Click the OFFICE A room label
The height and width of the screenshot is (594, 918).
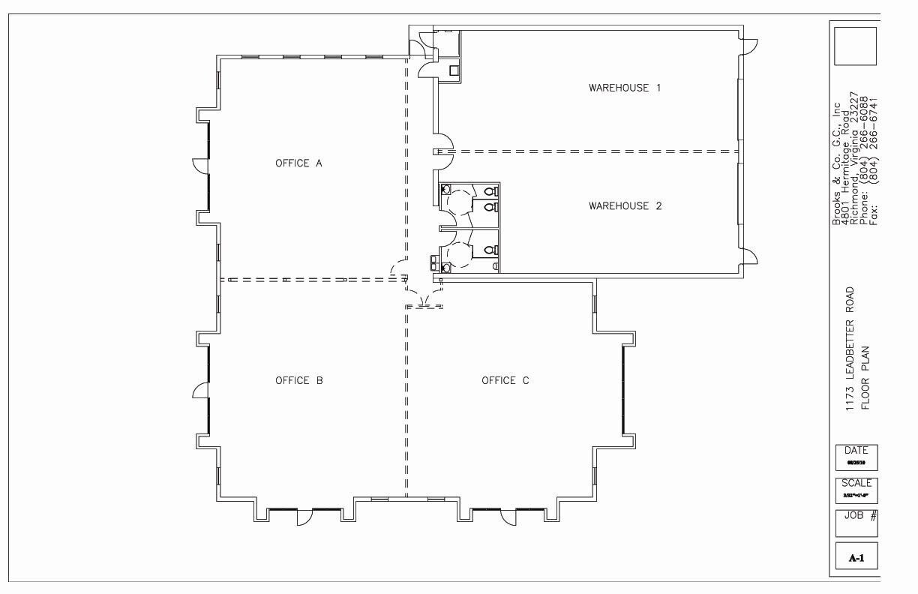pos(298,163)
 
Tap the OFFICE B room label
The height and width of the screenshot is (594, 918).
pos(298,381)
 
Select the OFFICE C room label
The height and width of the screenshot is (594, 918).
pos(505,381)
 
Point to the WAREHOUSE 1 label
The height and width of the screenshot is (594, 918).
pos(625,88)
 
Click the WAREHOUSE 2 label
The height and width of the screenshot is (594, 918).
pos(625,206)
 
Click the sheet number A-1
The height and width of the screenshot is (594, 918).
pos(856,558)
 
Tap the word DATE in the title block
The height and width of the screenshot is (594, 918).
pos(856,451)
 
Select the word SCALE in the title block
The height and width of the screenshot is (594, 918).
pos(856,484)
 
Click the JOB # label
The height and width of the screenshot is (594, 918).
pos(856,516)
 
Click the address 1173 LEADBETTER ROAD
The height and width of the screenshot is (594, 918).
pos(850,349)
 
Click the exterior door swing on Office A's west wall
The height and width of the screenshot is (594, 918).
pos(200,166)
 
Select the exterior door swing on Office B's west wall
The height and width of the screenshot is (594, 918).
pos(200,391)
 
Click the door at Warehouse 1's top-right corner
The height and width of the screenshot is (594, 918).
pos(748,46)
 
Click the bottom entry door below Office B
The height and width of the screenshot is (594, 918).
pos(304,517)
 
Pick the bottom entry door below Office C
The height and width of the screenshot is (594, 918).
pos(508,517)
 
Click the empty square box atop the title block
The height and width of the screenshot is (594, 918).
pos(855,46)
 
